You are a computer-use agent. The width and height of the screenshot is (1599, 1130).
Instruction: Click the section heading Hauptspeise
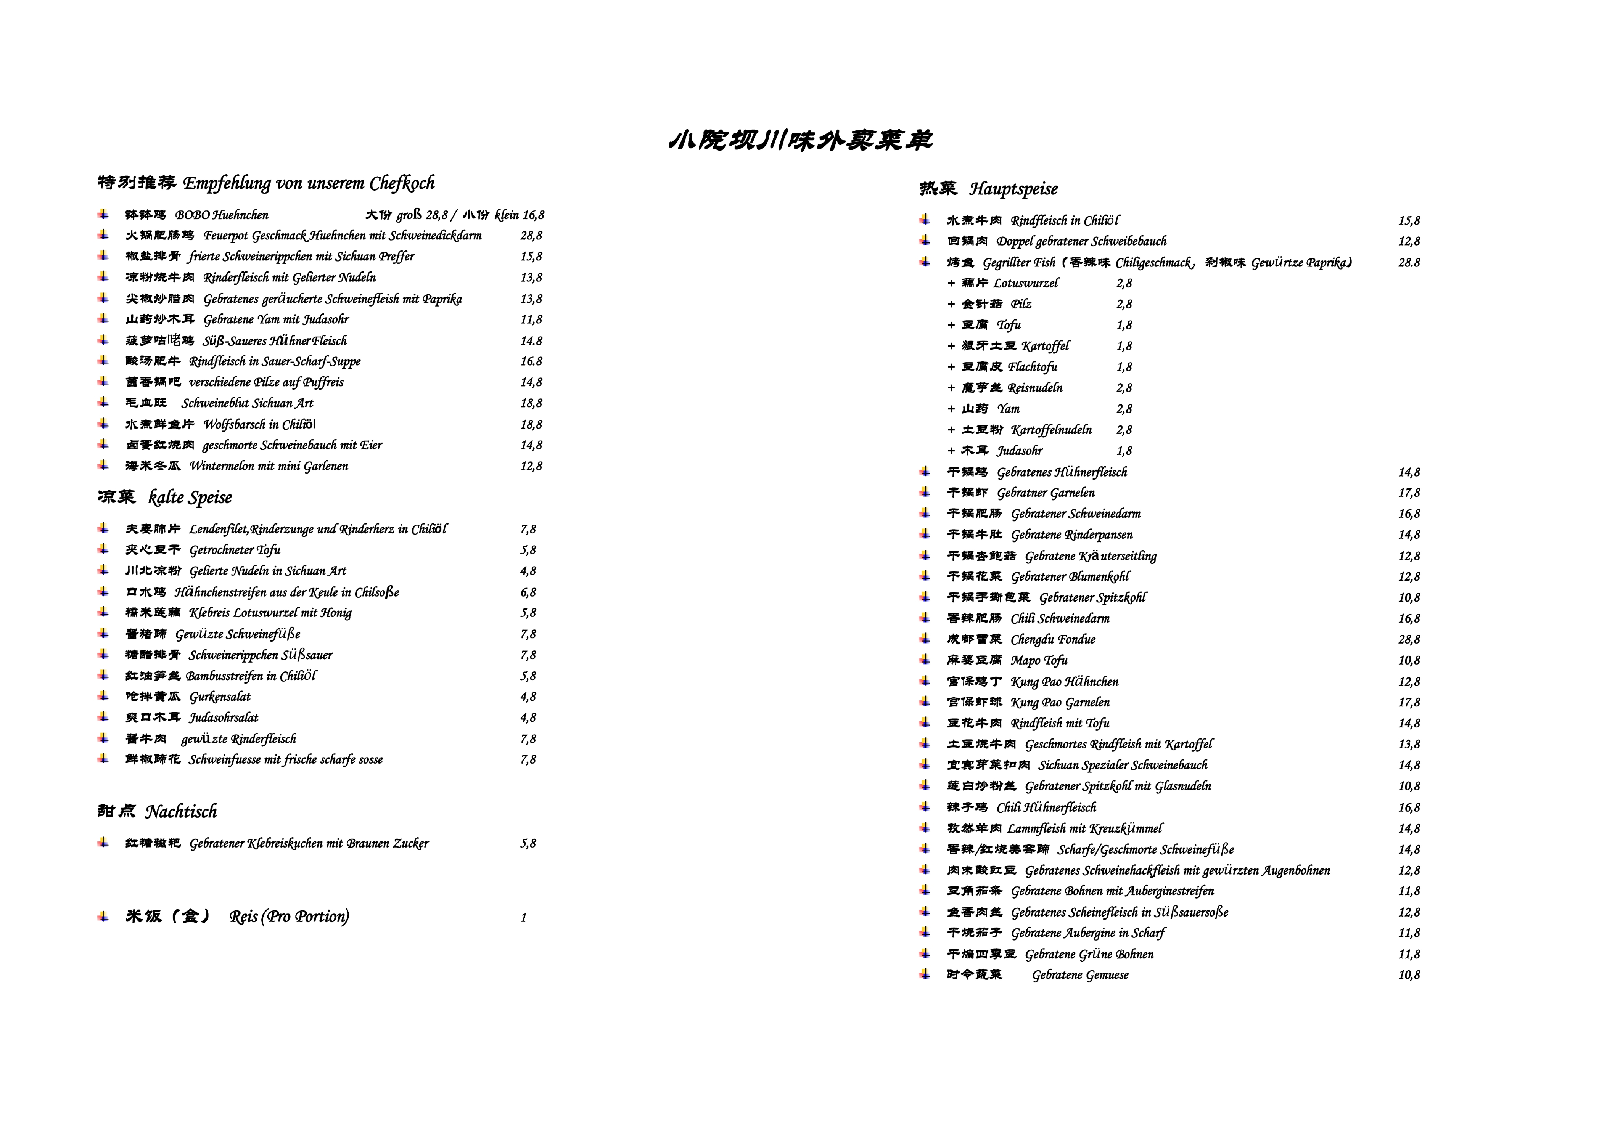coord(1013,189)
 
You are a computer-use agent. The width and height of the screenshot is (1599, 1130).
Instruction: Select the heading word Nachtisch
coord(181,812)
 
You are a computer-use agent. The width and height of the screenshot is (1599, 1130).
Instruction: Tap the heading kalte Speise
coord(190,498)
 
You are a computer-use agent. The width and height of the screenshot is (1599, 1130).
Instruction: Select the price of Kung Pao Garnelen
coord(1409,703)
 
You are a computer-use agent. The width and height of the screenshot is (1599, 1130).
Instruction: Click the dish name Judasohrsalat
coord(224,718)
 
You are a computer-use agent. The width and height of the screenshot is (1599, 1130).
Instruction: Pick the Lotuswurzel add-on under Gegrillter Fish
coord(1025,283)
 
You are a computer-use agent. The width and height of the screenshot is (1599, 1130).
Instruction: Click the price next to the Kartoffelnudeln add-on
coord(1124,430)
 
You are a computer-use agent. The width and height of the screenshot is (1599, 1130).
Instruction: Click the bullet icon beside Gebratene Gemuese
coord(924,974)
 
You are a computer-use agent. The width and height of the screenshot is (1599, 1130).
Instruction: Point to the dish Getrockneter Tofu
coord(235,550)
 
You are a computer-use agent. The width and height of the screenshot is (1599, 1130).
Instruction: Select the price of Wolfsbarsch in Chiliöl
coord(531,425)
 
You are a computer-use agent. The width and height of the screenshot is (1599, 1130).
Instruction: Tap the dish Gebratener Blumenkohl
coord(1070,576)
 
